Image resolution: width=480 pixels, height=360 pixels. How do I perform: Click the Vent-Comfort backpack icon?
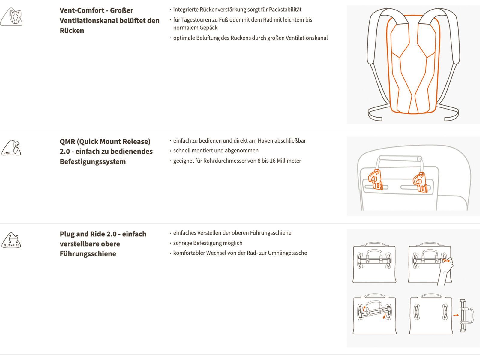11,17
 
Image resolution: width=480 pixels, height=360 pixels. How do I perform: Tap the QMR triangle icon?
11,148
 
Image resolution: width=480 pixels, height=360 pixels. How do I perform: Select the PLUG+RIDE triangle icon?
11,240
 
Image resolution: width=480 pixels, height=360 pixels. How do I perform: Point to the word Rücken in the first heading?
72,31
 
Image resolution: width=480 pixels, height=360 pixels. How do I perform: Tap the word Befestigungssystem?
93,162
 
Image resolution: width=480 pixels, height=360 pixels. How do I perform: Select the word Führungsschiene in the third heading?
88,254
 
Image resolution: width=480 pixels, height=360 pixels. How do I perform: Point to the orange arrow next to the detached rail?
456,315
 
